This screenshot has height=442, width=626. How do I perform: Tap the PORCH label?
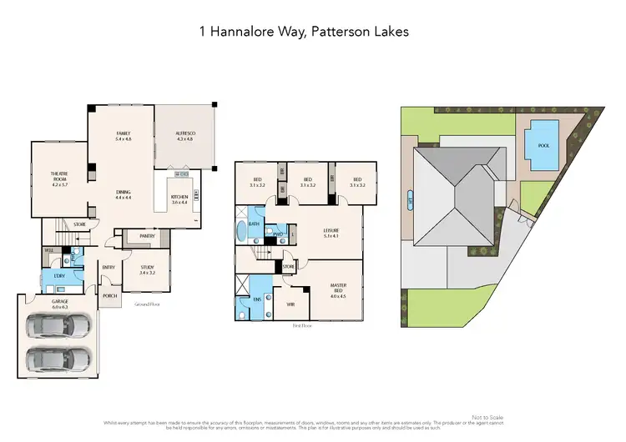coord(109,295)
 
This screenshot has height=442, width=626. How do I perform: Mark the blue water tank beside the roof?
coord(409,201)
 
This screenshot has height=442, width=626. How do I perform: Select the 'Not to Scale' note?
coord(487,417)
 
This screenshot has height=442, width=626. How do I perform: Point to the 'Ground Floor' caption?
coord(147,304)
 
